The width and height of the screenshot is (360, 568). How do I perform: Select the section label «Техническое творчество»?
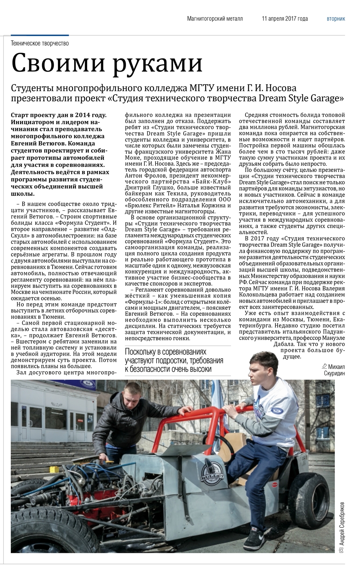pos(40,44)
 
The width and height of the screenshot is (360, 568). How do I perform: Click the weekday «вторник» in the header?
pos(336,19)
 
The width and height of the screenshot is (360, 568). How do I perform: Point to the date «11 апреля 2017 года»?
pos(285,19)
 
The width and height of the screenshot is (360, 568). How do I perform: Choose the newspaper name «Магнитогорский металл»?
pos(215,19)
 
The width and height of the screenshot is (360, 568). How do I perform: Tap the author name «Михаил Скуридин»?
pos(336,370)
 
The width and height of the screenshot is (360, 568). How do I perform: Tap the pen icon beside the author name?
pos(324,366)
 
